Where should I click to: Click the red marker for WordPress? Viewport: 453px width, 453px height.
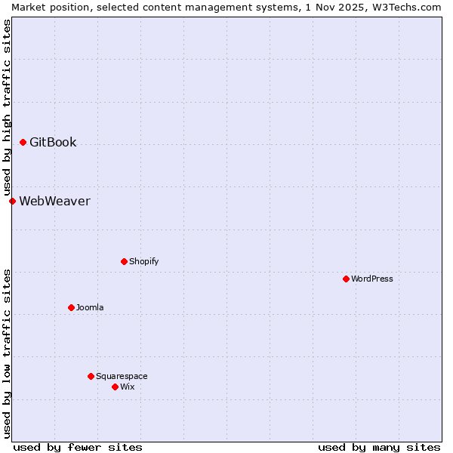[x=346, y=279]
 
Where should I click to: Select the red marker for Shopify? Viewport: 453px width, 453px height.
[x=124, y=261]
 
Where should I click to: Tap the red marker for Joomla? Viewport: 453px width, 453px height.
[x=71, y=307]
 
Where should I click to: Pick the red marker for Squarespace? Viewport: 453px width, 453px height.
[x=91, y=376]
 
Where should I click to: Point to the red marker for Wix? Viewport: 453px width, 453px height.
[x=115, y=387]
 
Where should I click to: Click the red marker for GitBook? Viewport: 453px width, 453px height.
[x=23, y=142]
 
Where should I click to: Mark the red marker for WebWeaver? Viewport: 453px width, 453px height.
[x=12, y=201]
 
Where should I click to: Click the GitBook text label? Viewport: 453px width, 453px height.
[x=53, y=142]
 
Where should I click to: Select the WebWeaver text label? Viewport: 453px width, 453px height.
[x=54, y=201]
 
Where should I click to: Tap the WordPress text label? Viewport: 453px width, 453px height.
[x=371, y=279]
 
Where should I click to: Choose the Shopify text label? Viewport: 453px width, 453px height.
[x=143, y=261]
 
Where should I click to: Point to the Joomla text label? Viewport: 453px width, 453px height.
[x=90, y=307]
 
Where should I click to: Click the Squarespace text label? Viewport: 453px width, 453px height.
[x=122, y=376]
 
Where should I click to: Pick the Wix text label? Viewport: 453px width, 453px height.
[x=127, y=387]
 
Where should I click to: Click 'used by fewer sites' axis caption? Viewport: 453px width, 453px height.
[x=78, y=447]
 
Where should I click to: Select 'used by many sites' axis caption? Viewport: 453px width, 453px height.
[x=379, y=447]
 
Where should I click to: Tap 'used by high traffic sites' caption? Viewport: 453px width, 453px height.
[x=7, y=108]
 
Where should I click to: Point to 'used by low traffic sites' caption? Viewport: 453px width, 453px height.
[x=7, y=353]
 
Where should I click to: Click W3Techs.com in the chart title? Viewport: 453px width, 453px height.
[x=405, y=7]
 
